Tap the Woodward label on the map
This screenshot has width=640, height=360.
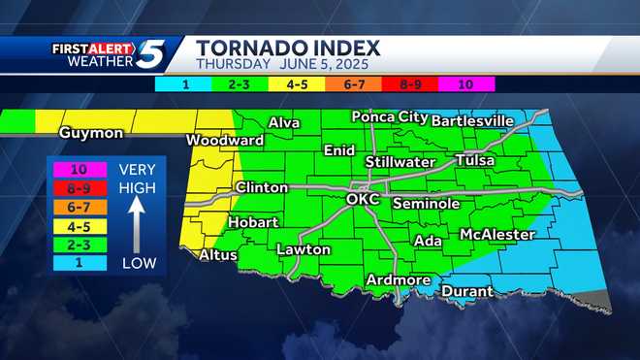click(x=224, y=141)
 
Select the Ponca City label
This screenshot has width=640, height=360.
click(x=389, y=116)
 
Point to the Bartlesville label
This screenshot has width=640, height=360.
click(x=471, y=120)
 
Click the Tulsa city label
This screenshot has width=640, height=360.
click(x=474, y=160)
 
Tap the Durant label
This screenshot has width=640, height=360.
click(x=466, y=290)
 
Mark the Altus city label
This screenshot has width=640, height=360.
click(x=218, y=255)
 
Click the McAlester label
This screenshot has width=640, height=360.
click(x=496, y=235)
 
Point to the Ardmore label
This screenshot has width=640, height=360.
click(x=398, y=280)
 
